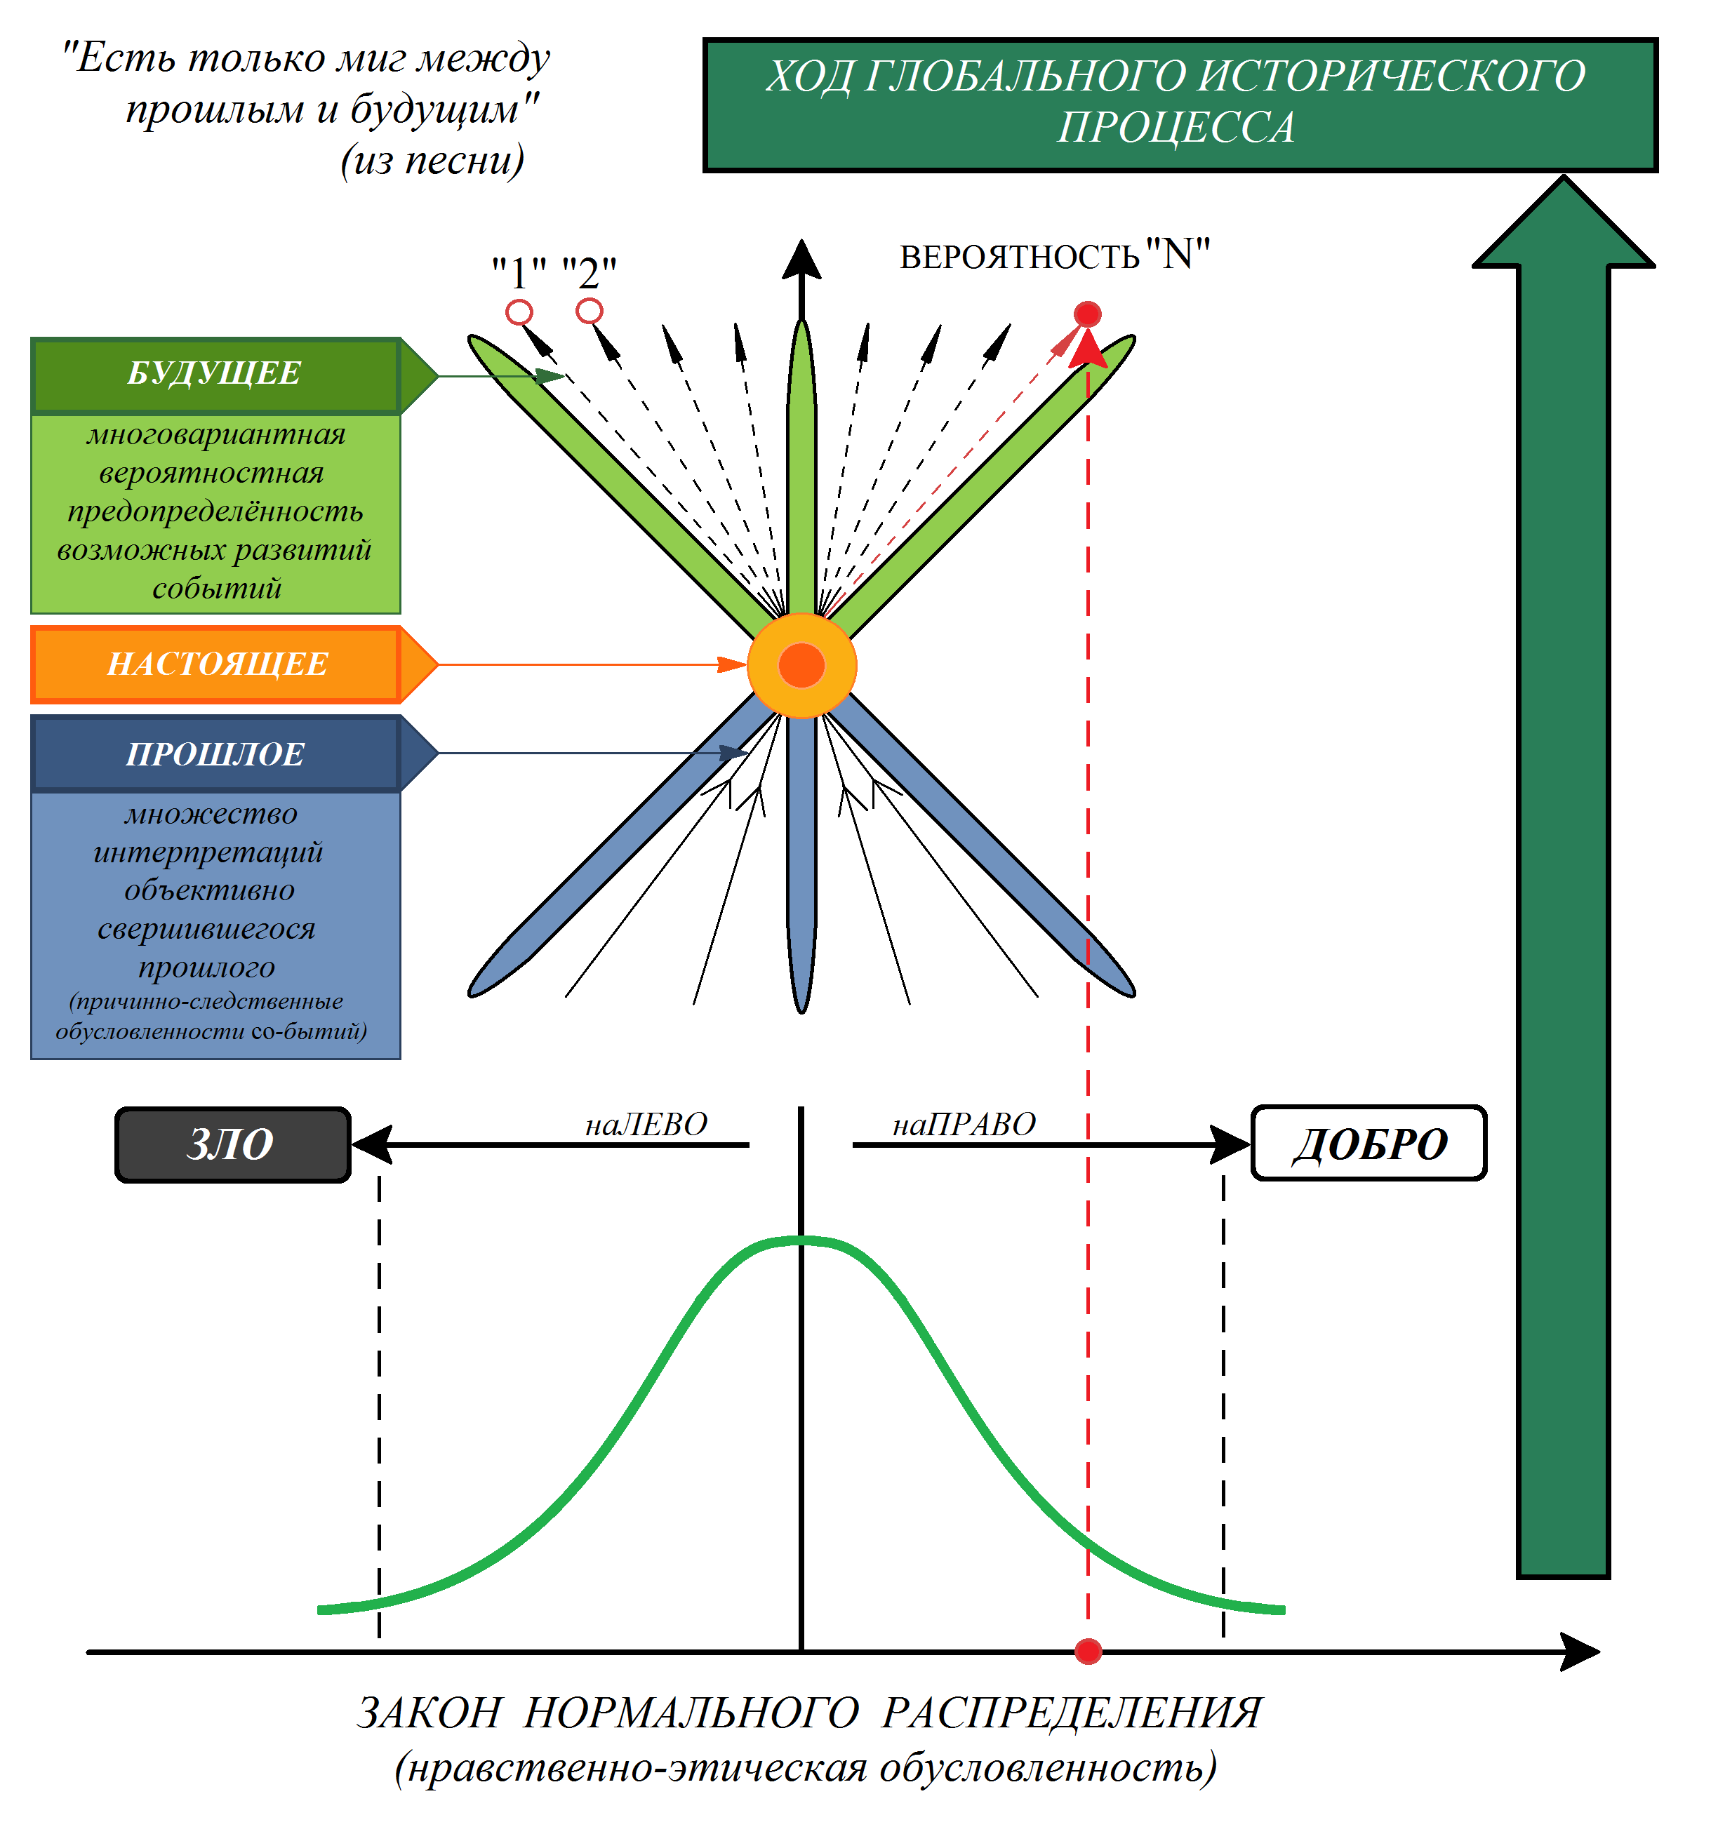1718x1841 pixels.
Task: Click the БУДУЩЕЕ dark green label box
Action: point(215,374)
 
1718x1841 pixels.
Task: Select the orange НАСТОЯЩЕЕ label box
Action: point(217,664)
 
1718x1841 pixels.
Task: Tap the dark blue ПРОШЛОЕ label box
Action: point(215,754)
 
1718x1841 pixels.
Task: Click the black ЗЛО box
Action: point(232,1144)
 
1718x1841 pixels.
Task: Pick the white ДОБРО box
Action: point(1368,1144)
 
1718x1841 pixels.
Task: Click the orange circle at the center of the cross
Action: point(801,665)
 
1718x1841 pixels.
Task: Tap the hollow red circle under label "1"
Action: point(519,312)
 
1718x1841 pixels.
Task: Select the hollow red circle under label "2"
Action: point(589,310)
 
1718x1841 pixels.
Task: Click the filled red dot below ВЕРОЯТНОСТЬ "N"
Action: point(1087,314)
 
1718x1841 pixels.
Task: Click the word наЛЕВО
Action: point(646,1124)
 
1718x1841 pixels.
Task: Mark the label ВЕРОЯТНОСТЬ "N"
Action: point(1054,255)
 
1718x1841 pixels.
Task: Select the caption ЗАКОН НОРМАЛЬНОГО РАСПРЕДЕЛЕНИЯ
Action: point(808,1713)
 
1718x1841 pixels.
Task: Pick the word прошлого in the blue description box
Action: point(206,967)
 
